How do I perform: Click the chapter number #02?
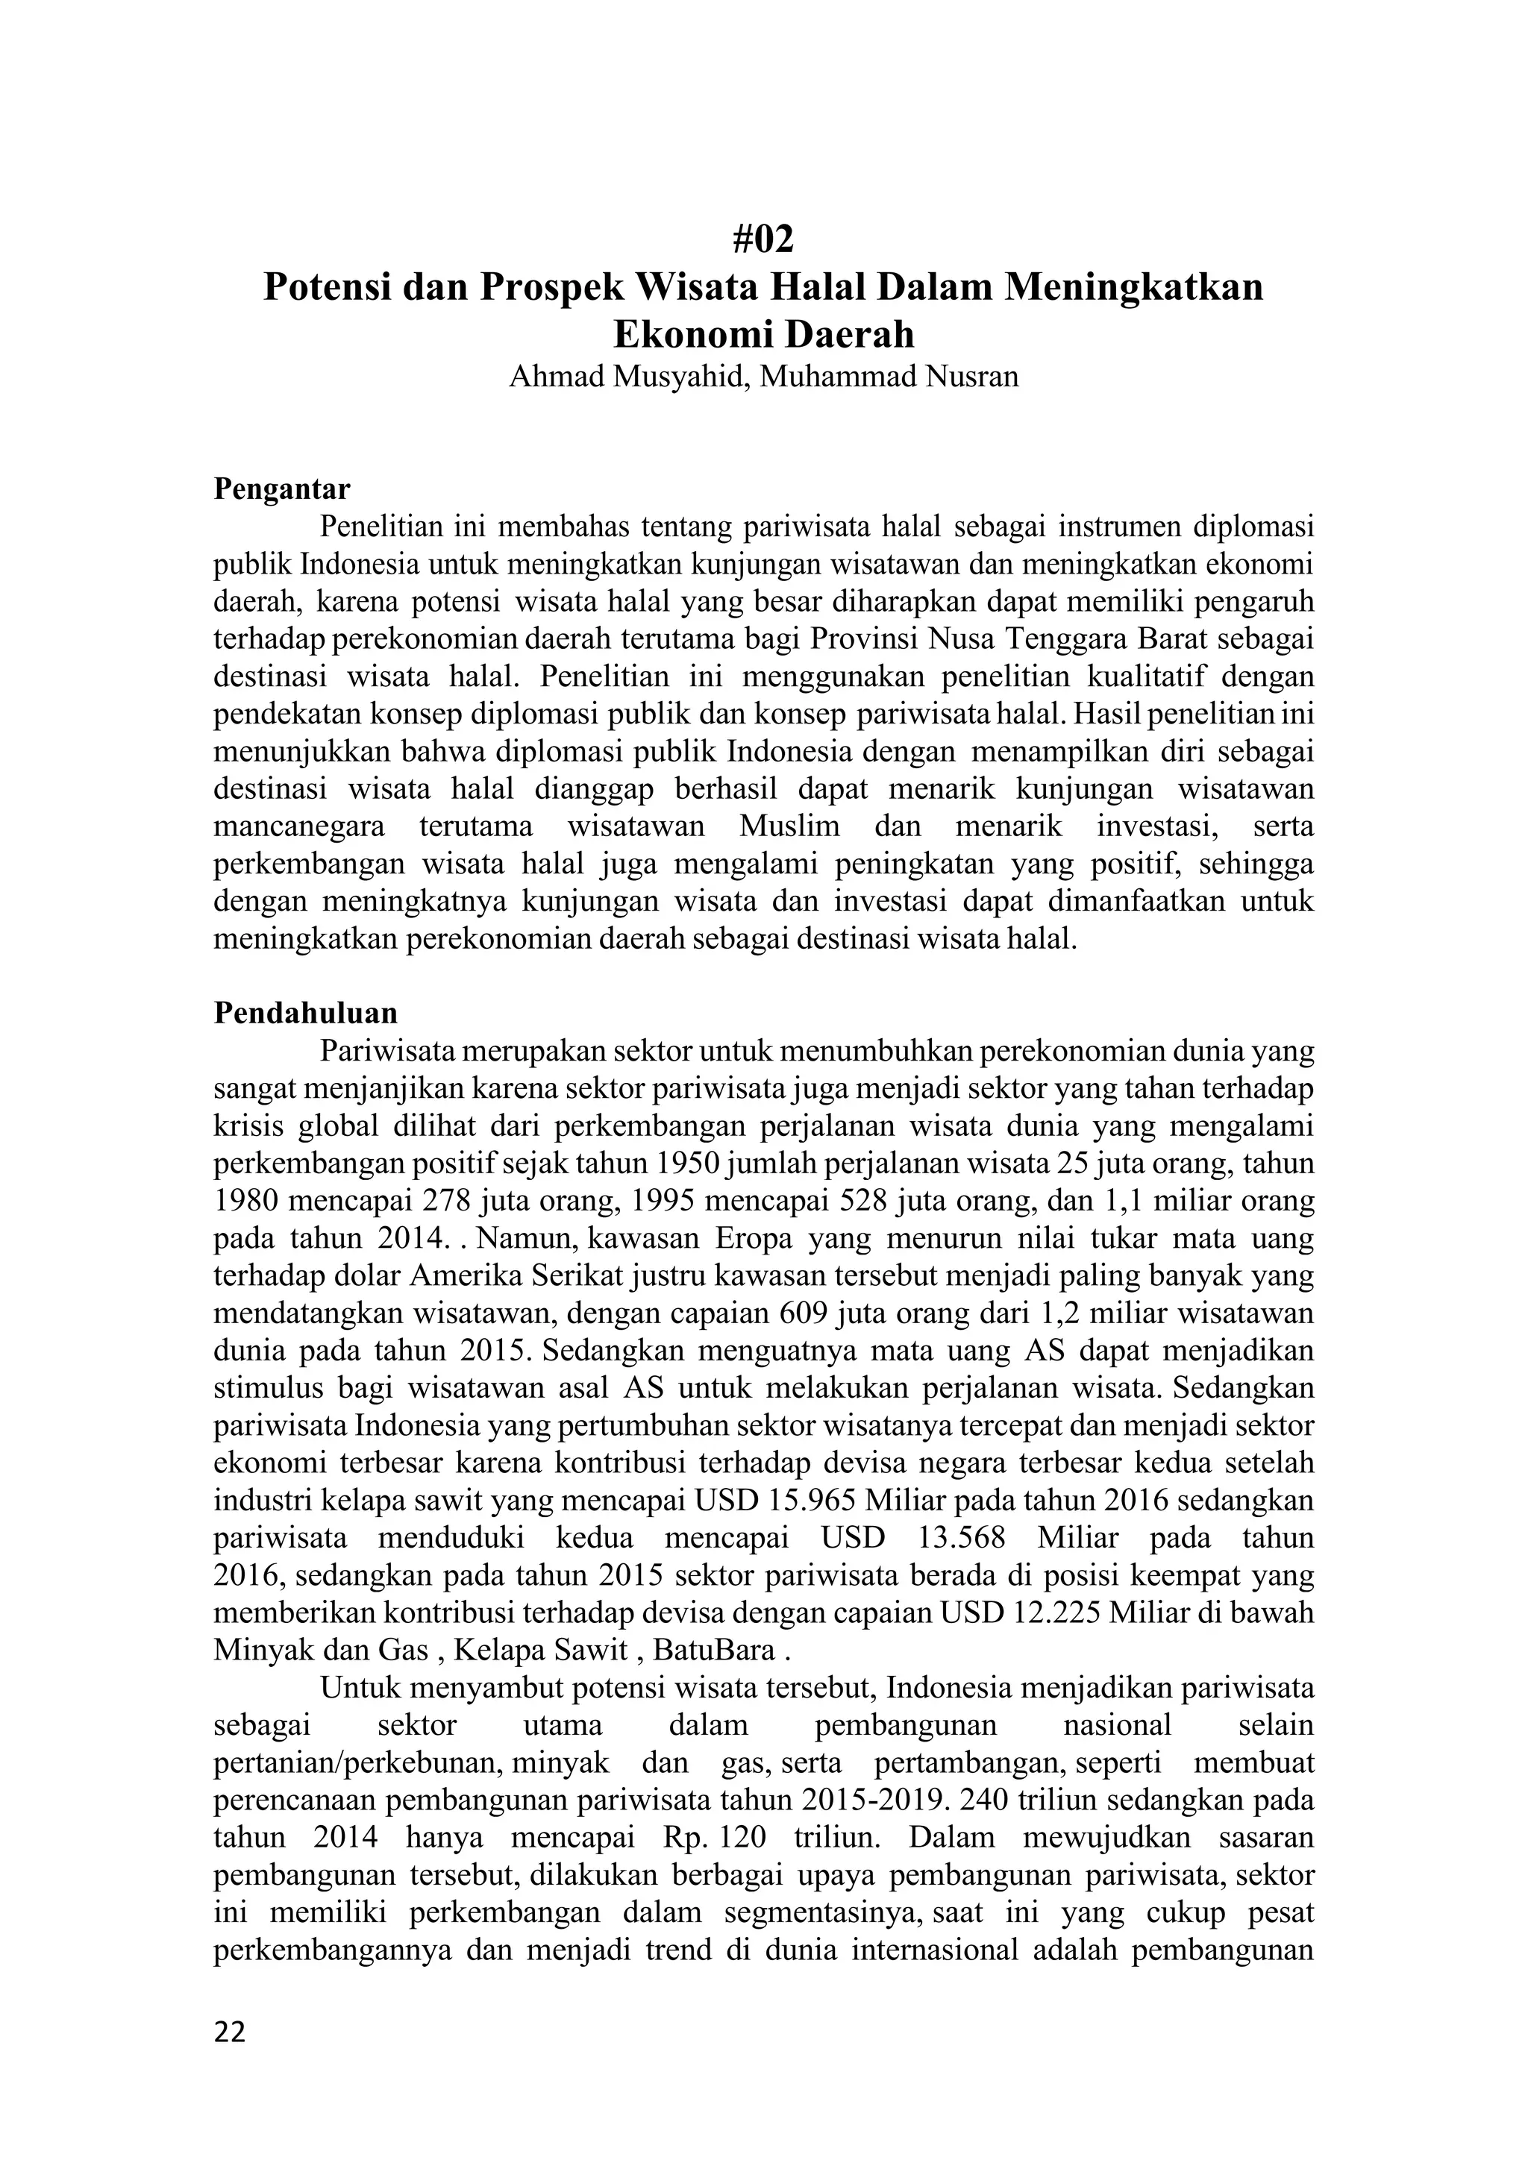763,240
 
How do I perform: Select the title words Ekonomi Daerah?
763,334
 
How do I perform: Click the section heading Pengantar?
281,489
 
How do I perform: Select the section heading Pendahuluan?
305,1013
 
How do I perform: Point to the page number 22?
230,2032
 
